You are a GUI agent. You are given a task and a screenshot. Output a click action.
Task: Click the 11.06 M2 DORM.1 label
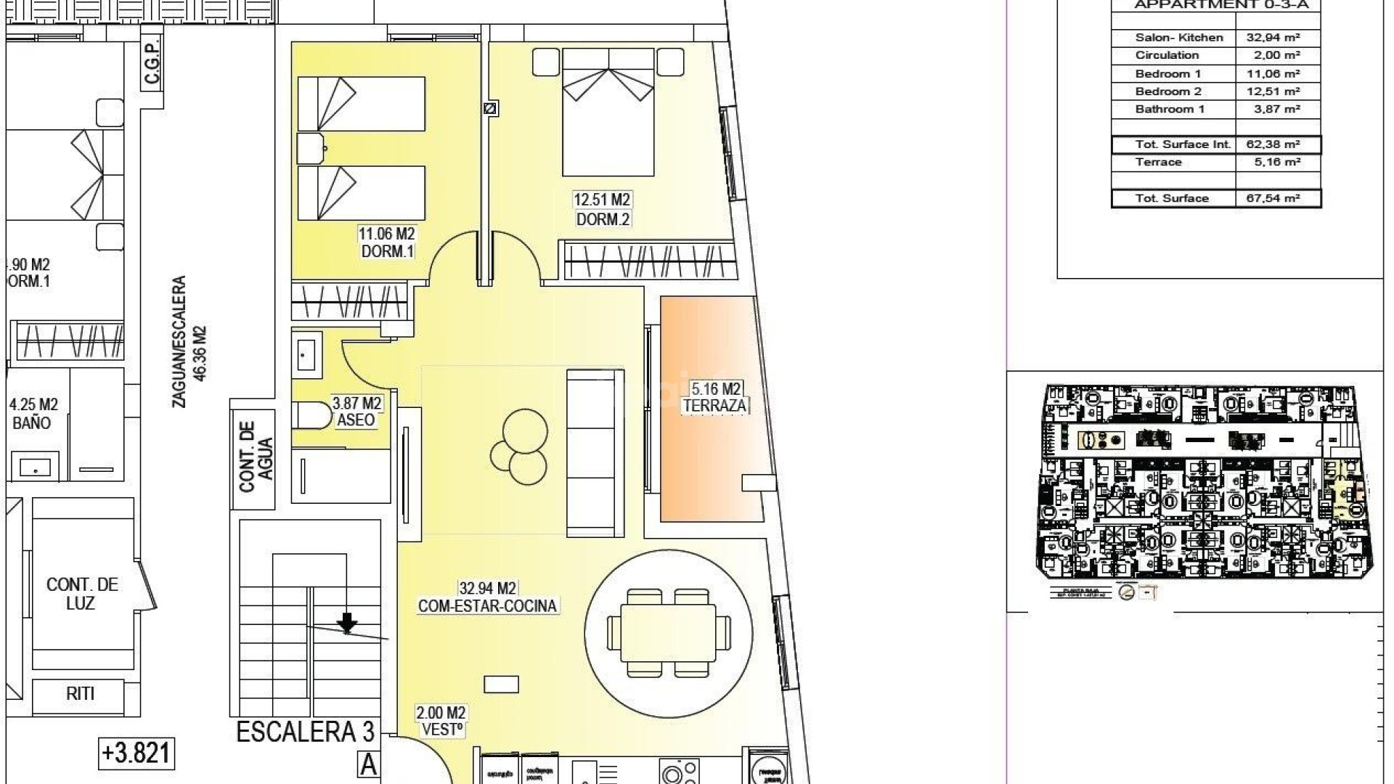386,243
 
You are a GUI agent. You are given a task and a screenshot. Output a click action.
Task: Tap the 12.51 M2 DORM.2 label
602,209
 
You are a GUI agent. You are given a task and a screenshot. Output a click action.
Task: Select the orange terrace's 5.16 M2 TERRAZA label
715,399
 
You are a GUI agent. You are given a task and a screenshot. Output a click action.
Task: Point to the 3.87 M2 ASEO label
356,412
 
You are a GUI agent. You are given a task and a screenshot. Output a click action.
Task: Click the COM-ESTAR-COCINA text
487,606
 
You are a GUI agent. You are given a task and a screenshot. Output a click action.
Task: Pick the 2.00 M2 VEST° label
441,722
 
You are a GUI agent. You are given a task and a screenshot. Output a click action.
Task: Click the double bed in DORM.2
608,113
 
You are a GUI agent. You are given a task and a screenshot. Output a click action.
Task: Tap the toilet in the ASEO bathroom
308,415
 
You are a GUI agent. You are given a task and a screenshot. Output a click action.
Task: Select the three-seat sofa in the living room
595,452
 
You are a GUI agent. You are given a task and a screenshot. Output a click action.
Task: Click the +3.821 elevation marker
136,754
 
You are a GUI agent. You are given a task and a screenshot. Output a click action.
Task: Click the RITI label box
81,694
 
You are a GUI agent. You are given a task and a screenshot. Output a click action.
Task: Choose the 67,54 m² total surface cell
1277,198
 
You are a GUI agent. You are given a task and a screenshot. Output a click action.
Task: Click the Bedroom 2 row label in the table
1168,91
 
